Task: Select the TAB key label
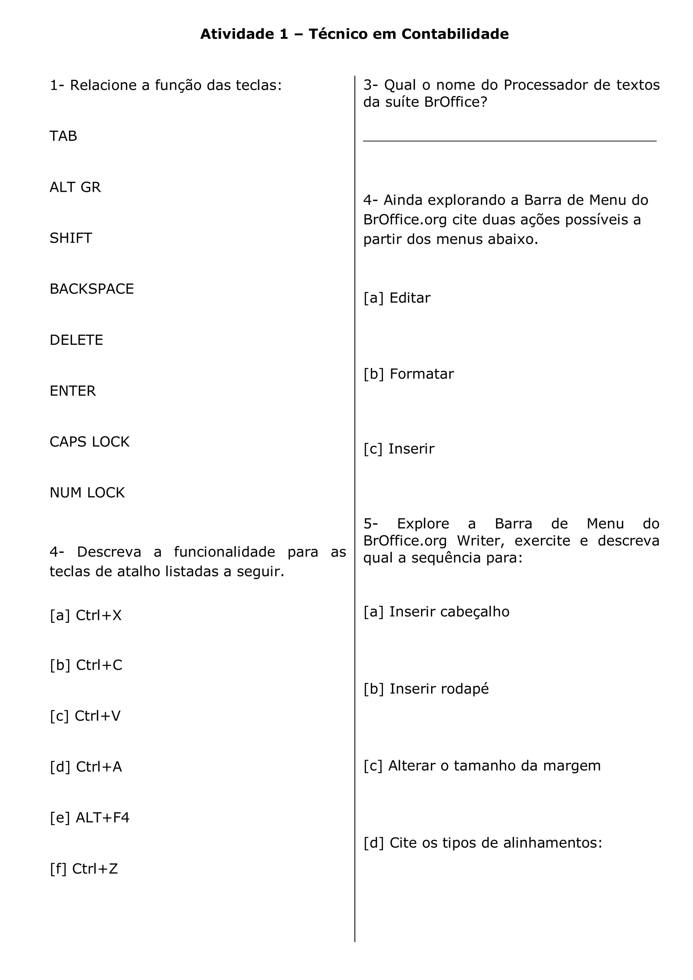[x=63, y=136]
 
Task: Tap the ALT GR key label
[x=75, y=187]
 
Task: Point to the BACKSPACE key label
[x=92, y=289]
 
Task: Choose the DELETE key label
[x=76, y=340]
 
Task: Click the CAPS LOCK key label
[x=89, y=442]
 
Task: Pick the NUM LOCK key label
[x=87, y=493]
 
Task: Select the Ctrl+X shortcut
[x=98, y=615]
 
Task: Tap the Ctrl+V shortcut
[x=98, y=716]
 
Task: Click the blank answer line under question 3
[x=509, y=140]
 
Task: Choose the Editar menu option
[x=410, y=298]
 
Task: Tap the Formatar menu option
[x=421, y=374]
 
